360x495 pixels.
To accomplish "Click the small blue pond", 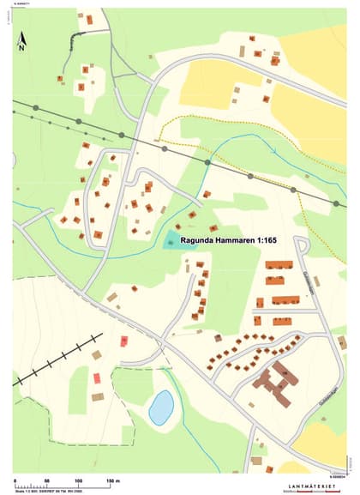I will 160,407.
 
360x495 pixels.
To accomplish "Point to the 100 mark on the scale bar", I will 78,480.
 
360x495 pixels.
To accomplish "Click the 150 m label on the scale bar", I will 111,480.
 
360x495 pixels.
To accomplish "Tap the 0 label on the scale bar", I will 15,480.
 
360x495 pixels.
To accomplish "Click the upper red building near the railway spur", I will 124,341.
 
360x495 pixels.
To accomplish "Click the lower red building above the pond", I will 97,377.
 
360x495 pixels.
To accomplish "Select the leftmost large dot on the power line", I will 36,108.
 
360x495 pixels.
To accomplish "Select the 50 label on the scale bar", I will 46,480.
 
